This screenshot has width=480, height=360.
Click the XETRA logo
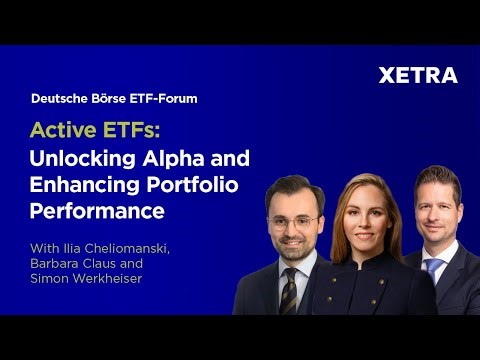click(418, 75)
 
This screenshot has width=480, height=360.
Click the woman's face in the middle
click(365, 214)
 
